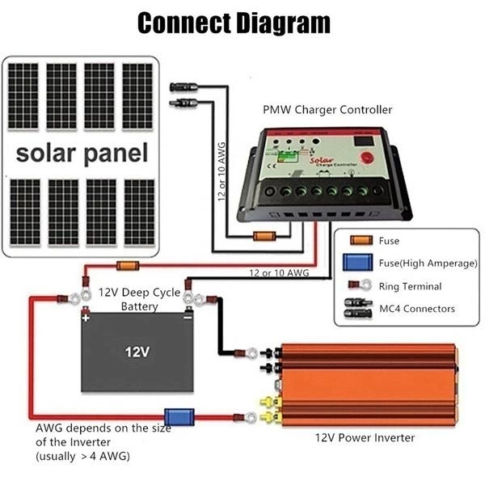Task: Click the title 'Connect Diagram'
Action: pyautogui.click(x=234, y=23)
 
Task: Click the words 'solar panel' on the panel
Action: pyautogui.click(x=82, y=153)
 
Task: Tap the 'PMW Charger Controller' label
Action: pyautogui.click(x=327, y=109)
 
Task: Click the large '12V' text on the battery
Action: pyautogui.click(x=137, y=352)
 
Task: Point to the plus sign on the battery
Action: pyautogui.click(x=85, y=318)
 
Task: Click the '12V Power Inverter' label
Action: pyautogui.click(x=365, y=437)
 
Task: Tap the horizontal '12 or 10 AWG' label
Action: pyautogui.click(x=279, y=273)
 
